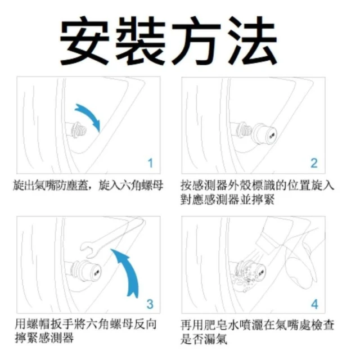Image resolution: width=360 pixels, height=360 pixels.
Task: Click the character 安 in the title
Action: pos(84,41)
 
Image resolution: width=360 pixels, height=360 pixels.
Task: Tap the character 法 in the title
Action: pos(253,41)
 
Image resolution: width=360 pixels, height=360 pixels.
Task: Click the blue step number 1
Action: pos(150,163)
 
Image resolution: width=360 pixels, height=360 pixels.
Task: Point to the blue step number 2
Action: pos(314,163)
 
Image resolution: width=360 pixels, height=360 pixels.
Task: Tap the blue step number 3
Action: pos(150,304)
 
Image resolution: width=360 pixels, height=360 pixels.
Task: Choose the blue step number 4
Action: pos(314,304)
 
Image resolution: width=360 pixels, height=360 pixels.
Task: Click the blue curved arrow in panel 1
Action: pos(91,114)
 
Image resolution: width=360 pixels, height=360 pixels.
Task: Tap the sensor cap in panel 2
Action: pos(264,134)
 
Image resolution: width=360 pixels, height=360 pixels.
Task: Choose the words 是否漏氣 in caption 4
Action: pos(204,339)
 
